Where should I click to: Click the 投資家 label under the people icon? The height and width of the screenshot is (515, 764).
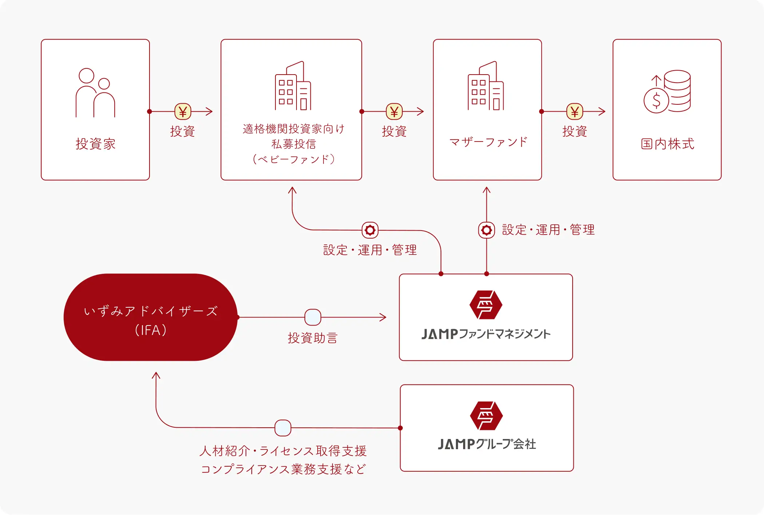tap(95, 144)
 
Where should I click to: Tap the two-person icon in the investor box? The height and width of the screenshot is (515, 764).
tap(95, 93)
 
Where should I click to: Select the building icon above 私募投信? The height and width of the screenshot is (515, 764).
tap(293, 85)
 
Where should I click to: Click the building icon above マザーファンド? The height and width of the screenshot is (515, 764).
tap(486, 85)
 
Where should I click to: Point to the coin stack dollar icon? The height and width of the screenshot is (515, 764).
tap(667, 92)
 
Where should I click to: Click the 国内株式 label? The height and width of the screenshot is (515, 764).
tap(668, 144)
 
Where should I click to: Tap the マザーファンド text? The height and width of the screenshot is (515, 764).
tap(488, 142)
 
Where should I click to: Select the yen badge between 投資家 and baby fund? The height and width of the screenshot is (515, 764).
tap(183, 112)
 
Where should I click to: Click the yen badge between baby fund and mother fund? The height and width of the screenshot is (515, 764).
tap(394, 112)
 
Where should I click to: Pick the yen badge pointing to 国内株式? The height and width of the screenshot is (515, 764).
tap(575, 112)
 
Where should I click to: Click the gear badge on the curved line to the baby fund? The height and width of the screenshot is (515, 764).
tap(370, 230)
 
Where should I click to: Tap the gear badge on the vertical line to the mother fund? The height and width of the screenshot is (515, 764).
tap(486, 230)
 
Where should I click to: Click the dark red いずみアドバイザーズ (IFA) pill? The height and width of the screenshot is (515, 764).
tap(151, 317)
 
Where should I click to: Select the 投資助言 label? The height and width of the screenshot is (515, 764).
tap(313, 338)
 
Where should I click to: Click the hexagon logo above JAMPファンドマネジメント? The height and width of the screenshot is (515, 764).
tap(486, 305)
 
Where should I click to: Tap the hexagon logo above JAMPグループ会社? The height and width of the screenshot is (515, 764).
tap(486, 416)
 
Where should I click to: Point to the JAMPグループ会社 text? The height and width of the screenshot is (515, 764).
tap(487, 444)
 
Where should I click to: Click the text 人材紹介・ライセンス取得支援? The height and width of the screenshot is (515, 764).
tap(283, 451)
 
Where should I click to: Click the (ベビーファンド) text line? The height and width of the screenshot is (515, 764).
tap(294, 159)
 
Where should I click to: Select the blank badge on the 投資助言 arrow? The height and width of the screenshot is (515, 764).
tap(313, 317)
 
